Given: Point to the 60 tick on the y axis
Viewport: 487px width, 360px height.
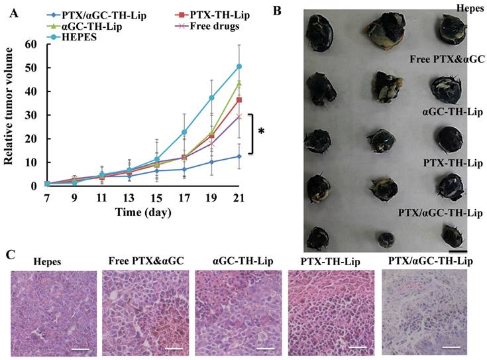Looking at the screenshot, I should point(29,44).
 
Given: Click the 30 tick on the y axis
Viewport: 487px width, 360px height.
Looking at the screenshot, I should point(29,115).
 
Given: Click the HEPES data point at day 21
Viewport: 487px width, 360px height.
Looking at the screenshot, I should point(239,66).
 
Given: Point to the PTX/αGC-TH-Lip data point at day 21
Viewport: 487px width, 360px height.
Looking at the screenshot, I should point(239,156).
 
